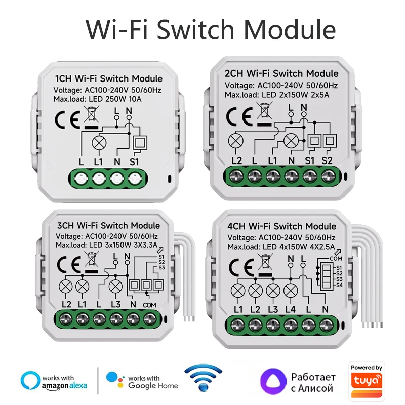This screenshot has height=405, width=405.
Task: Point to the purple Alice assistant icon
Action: tap(272, 381)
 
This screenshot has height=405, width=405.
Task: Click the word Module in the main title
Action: tap(289, 29)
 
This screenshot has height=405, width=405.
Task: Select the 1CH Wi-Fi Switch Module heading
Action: tap(108, 78)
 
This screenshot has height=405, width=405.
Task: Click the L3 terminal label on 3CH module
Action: tap(115, 304)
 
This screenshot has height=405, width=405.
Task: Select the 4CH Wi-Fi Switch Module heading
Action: tap(281, 226)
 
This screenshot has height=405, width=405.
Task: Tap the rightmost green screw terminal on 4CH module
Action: tap(325, 323)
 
